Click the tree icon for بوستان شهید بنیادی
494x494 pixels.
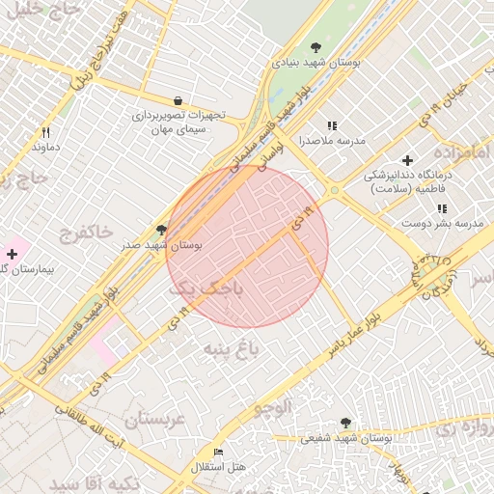316,47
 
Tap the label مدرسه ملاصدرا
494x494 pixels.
332,141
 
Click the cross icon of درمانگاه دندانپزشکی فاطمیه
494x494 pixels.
407,160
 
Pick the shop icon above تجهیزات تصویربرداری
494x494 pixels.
178,100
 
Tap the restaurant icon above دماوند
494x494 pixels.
45,132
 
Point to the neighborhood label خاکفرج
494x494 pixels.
87,233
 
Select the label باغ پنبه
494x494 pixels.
231,346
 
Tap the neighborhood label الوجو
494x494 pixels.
273,407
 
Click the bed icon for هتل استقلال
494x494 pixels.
218,453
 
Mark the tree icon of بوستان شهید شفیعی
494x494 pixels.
346,423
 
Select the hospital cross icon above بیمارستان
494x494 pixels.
11,253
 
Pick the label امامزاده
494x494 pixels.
463,153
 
